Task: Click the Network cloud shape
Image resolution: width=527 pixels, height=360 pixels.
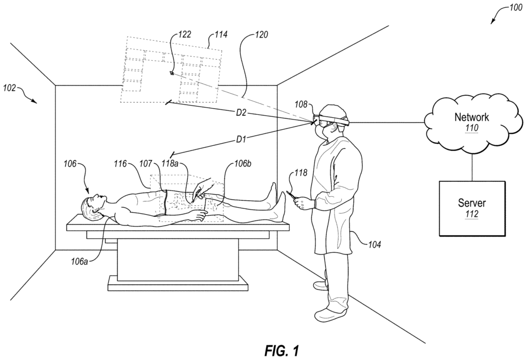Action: [x=471, y=122]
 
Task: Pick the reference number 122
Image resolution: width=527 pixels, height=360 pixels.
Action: [x=185, y=35]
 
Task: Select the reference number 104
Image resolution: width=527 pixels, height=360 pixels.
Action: [x=374, y=245]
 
